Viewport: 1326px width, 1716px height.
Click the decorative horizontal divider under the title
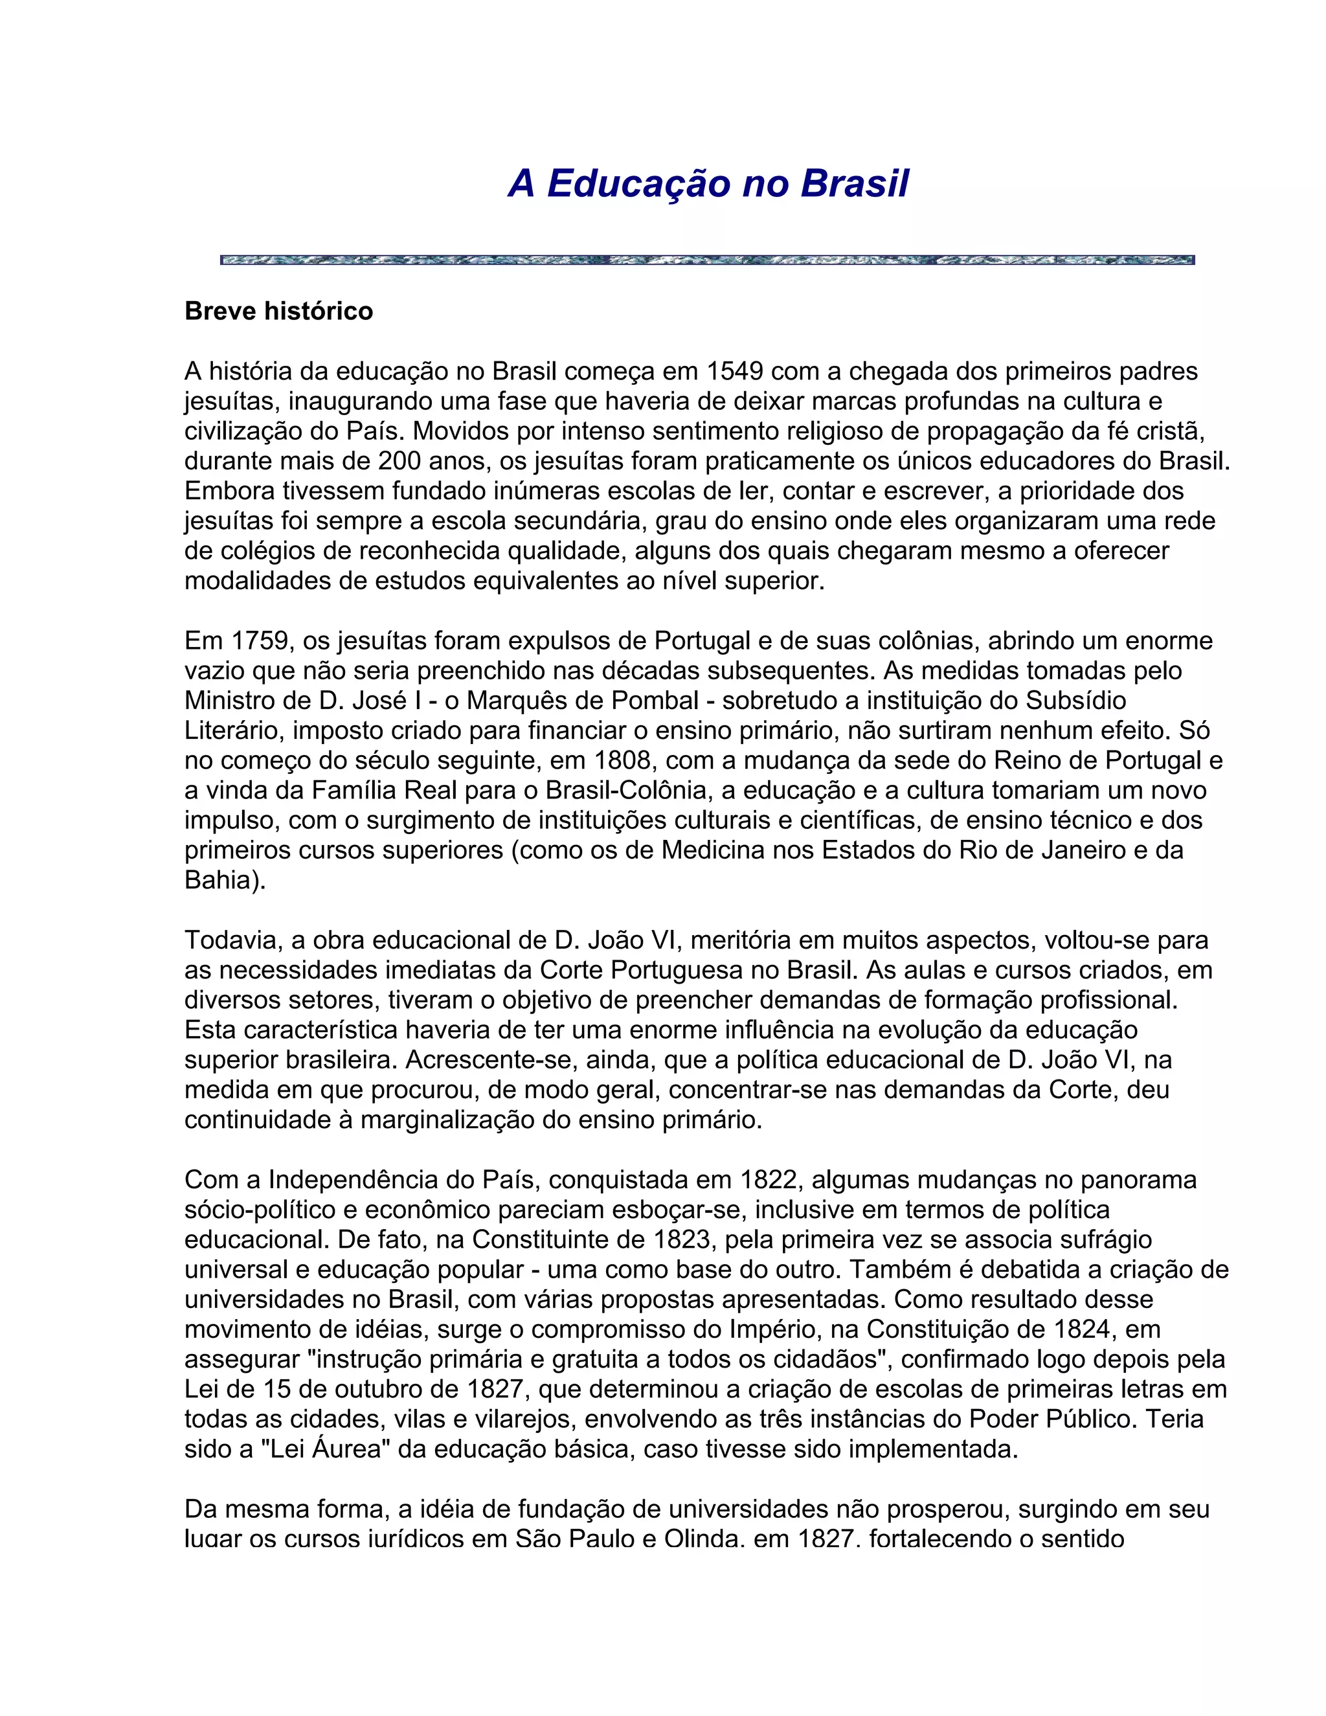coord(707,260)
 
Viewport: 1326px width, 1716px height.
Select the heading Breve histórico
coord(279,312)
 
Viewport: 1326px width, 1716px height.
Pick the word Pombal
coord(658,701)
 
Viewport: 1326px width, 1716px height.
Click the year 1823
coord(684,1240)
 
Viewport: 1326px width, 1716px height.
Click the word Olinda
coord(703,1539)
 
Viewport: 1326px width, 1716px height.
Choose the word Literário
coord(235,730)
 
